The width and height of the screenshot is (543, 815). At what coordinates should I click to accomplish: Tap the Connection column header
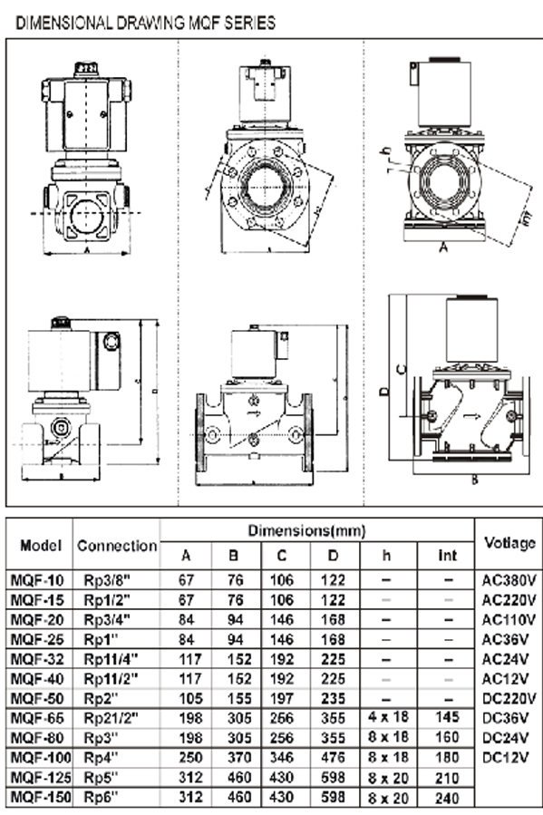tap(116, 546)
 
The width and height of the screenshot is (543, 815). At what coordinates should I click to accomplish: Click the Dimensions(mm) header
tap(318, 529)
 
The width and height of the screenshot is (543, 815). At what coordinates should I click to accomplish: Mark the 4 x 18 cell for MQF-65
tap(388, 717)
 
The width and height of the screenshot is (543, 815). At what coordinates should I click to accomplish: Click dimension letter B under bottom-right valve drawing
tap(473, 480)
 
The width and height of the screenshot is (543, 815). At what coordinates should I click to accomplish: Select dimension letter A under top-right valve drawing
tap(444, 245)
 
